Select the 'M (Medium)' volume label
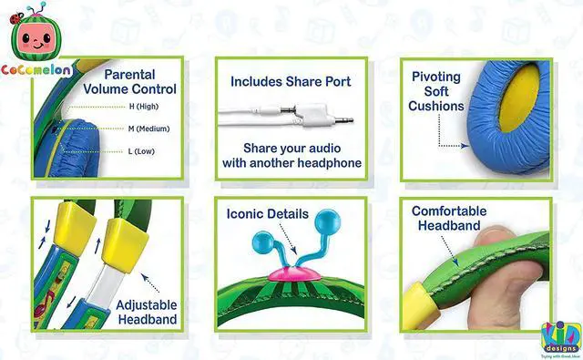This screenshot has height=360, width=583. [144, 128]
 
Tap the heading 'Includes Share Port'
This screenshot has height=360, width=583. [291, 81]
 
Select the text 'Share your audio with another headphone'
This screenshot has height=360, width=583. [291, 155]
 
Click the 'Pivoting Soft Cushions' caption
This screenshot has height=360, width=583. [436, 92]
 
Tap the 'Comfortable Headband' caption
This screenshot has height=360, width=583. [449, 219]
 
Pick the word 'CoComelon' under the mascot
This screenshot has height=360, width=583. [37, 68]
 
